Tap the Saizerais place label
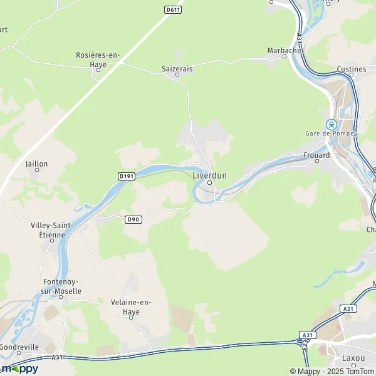pyautogui.click(x=177, y=66)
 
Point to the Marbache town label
pyautogui.click(x=285, y=50)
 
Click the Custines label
pyautogui.click(x=352, y=69)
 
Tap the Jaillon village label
pyautogui.click(x=36, y=164)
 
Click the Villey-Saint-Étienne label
pyautogui.click(x=53, y=230)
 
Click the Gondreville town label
pyautogui.click(x=20, y=347)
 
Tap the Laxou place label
pyautogui.click(x=353, y=358)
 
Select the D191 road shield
pyautogui.click(x=127, y=177)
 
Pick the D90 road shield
pyautogui.click(x=132, y=219)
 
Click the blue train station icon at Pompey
pyautogui.click(x=330, y=124)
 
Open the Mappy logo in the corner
pyautogui.click(x=20, y=368)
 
